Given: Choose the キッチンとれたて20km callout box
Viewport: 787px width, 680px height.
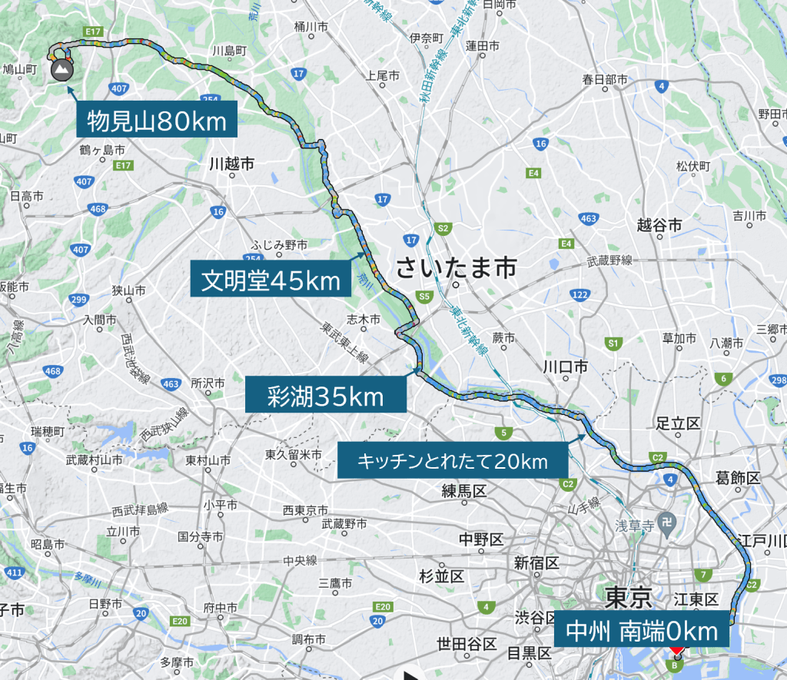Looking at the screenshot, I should [451, 462].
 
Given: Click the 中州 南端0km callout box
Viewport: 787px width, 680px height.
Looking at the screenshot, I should [641, 631].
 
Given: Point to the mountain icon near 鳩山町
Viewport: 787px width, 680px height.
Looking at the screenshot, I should [60, 71].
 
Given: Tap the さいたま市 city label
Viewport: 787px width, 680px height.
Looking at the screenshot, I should [456, 268].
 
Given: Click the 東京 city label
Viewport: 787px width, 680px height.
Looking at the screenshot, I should [628, 596].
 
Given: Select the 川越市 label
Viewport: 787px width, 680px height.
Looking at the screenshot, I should [231, 164].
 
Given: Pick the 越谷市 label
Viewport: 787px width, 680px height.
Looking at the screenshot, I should [659, 225].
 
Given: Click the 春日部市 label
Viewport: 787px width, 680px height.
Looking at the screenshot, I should [604, 79].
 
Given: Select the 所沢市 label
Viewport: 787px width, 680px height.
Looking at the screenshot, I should [208, 383].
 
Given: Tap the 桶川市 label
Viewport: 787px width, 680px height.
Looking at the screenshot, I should [311, 27].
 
